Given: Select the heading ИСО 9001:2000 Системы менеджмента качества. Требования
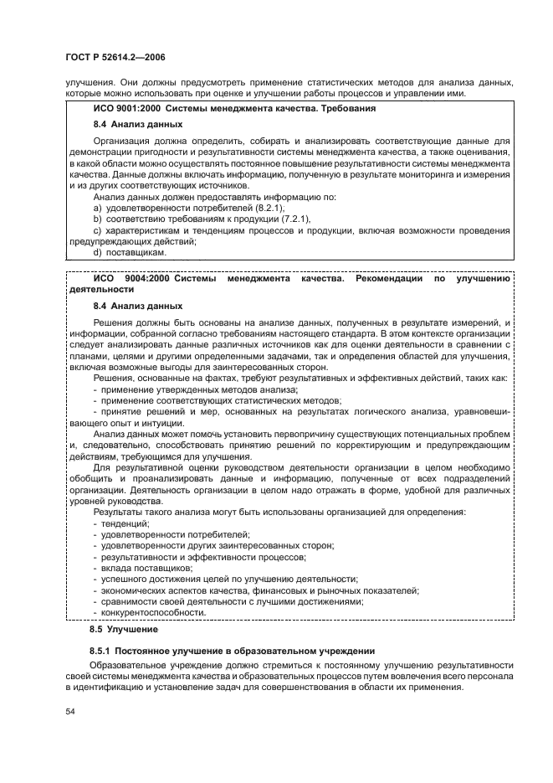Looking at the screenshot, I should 233,109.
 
